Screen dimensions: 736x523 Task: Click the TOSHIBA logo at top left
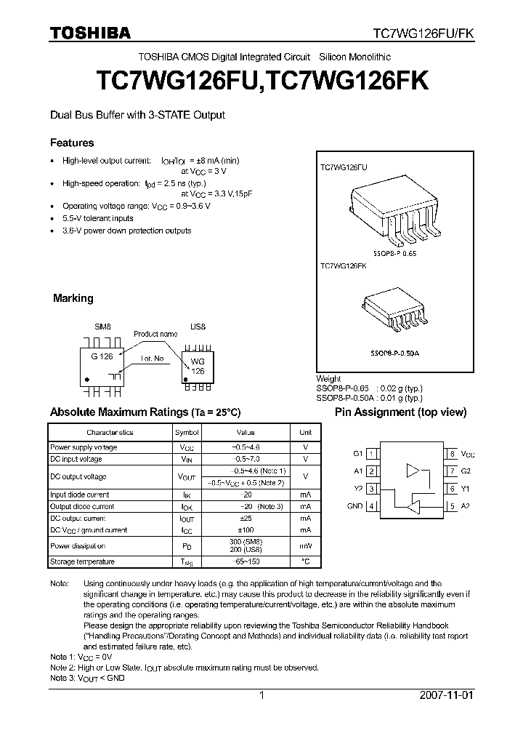pos(90,33)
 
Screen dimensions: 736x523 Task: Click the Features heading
pos(72,143)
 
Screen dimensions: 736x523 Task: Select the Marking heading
pos(73,298)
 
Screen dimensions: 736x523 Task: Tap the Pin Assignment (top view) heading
pos(400,412)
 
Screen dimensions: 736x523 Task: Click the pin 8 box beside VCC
pos(452,454)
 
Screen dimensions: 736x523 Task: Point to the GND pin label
pos(354,506)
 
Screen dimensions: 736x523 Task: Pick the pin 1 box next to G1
pos(371,454)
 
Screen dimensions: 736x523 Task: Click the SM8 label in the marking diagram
pos(103,327)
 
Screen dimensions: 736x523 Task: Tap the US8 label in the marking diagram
pos(198,327)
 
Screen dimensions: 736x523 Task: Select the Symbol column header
pos(186,433)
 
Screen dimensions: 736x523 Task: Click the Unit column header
pos(306,433)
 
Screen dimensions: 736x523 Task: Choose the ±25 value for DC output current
pos(246,519)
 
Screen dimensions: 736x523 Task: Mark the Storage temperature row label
pos(82,562)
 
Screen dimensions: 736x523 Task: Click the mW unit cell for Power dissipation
pos(306,546)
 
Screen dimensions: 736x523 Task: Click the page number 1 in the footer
pos(261,695)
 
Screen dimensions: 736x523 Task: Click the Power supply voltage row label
pos(84,447)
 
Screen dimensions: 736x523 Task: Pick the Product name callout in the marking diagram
pos(155,334)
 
